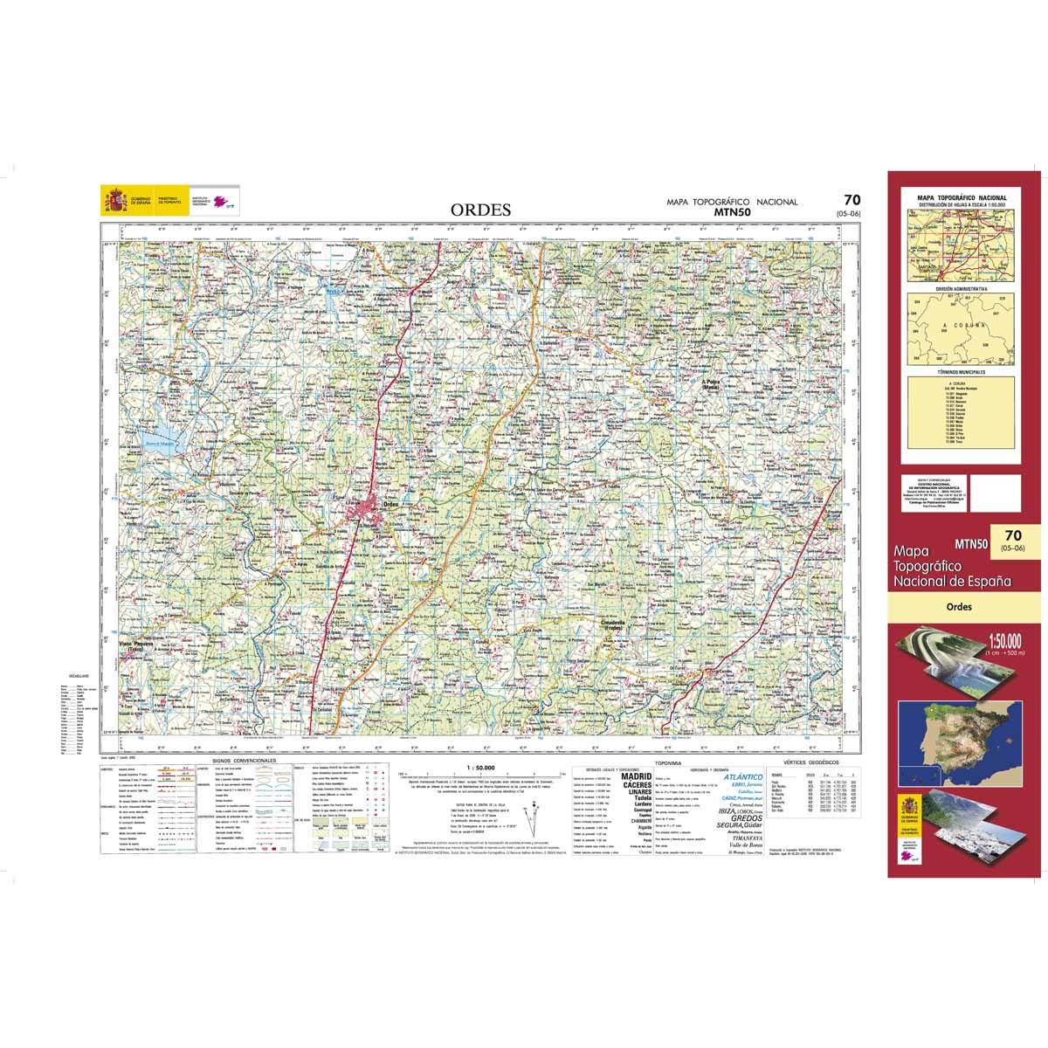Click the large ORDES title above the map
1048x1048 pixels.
(x=481, y=210)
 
